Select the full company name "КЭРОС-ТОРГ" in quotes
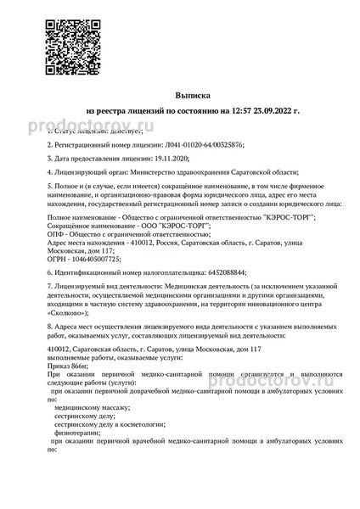coord(279,216)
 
